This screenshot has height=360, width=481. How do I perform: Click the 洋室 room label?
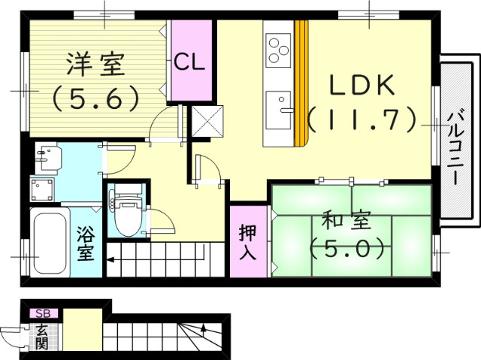pyautogui.click(x=95, y=65)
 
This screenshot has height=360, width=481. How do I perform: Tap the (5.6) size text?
pyautogui.click(x=95, y=97)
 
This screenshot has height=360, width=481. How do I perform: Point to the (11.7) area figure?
pyautogui.click(x=363, y=118)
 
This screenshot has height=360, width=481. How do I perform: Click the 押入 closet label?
pyautogui.click(x=247, y=243)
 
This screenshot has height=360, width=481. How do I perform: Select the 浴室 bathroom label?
pyautogui.click(x=85, y=243)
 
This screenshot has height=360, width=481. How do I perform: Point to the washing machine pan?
pyautogui.click(x=44, y=189)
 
